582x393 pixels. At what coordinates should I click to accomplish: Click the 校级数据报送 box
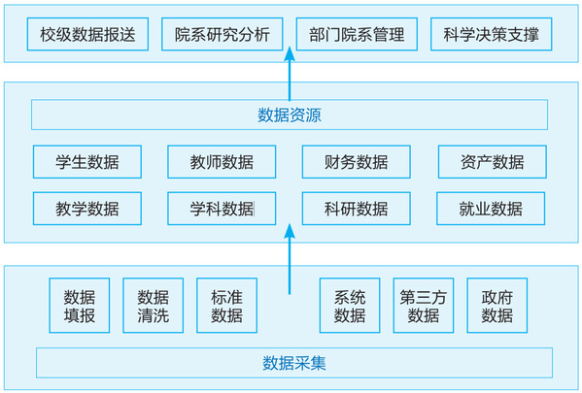(x=87, y=34)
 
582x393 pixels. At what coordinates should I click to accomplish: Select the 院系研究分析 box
(x=222, y=34)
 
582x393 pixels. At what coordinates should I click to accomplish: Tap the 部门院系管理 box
(x=357, y=34)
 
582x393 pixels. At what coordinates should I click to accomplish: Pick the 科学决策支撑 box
(x=491, y=34)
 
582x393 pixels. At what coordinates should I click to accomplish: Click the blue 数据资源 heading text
(x=290, y=115)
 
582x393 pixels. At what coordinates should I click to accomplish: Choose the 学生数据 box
(x=87, y=162)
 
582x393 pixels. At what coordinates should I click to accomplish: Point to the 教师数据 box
(x=222, y=162)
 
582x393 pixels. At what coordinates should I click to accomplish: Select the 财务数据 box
(x=357, y=162)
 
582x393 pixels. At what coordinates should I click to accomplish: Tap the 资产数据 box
(x=493, y=162)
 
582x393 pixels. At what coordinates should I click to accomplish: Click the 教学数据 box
(x=87, y=209)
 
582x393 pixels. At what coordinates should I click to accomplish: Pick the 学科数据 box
(x=222, y=209)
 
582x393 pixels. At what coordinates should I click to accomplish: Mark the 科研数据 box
(x=357, y=209)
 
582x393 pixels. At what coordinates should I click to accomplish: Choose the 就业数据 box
(x=491, y=209)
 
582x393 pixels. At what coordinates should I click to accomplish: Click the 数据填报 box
(x=80, y=306)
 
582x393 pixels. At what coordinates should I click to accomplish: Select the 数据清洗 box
(x=154, y=306)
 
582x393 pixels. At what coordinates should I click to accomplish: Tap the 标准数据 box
(x=226, y=306)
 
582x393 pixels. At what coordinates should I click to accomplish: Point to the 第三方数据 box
(x=424, y=306)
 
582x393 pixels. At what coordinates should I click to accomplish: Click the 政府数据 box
(x=497, y=306)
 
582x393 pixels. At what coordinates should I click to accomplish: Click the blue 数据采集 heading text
(x=294, y=363)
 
